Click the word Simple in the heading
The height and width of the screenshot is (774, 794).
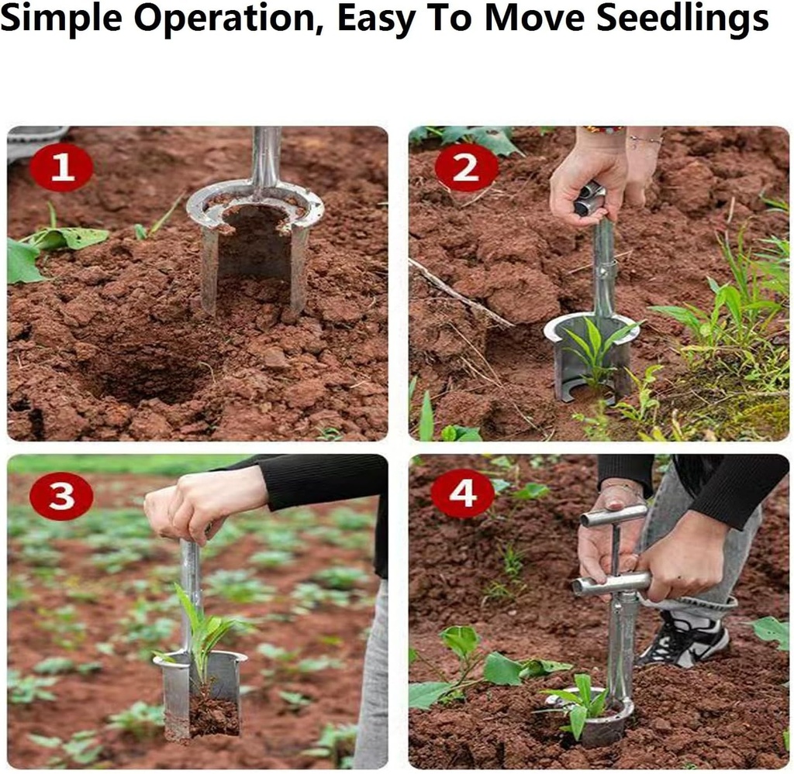point(61,19)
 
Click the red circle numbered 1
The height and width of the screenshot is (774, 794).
point(61,167)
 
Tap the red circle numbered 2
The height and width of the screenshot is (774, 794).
point(466,167)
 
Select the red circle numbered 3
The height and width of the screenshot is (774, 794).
point(61,497)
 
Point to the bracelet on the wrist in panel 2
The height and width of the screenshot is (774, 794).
point(644,139)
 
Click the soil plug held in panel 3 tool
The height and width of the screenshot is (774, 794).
point(212,714)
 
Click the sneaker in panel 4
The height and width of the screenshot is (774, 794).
point(684,638)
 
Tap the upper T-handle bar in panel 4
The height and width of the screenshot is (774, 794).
point(613,515)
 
